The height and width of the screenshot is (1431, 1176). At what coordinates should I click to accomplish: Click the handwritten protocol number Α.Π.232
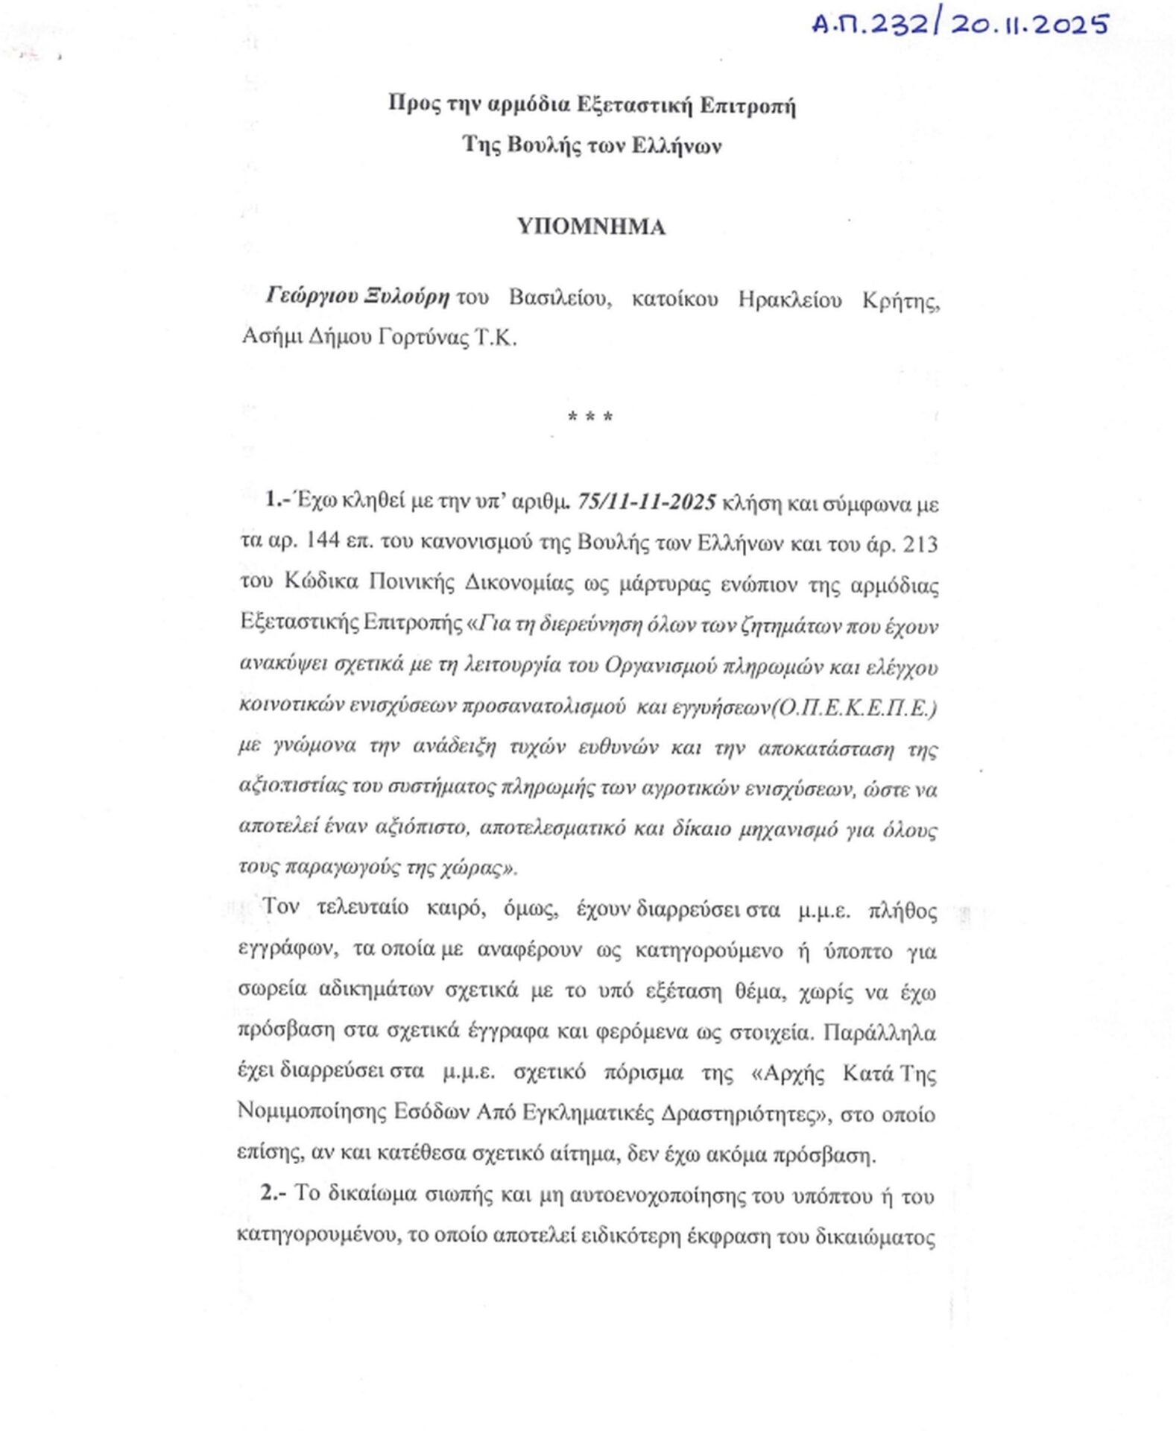coord(869,25)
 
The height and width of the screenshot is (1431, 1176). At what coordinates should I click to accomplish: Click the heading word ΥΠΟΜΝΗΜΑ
coord(591,227)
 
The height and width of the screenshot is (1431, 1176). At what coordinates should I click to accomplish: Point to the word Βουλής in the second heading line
coord(544,145)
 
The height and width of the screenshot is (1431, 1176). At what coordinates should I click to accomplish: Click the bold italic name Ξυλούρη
coord(407,297)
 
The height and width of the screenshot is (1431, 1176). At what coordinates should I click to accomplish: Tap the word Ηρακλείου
coord(791,299)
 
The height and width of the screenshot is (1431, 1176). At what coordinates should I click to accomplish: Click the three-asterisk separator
coord(590,417)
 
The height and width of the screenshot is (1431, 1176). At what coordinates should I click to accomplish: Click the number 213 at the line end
coord(920,544)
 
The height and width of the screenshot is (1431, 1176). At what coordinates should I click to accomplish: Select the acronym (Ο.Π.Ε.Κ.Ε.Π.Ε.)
coord(855,707)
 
